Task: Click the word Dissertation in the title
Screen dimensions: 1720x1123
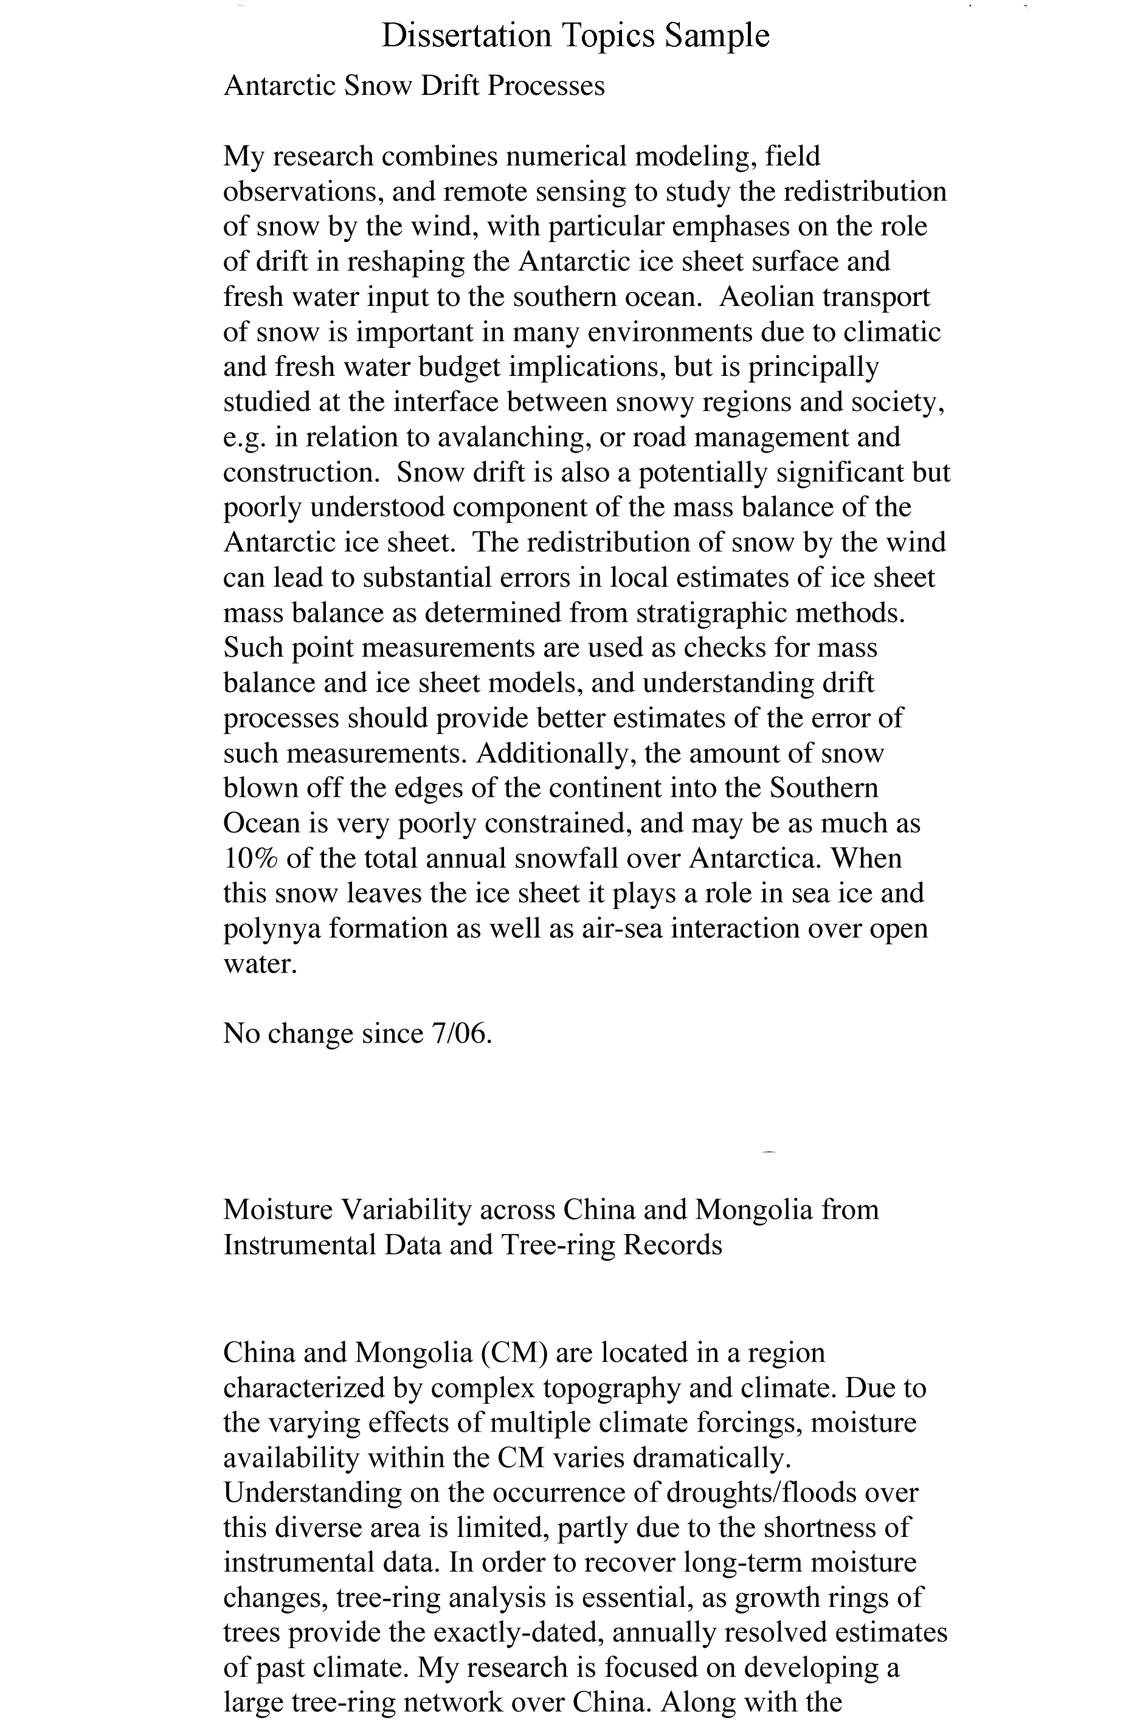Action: (466, 35)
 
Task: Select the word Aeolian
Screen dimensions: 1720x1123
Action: (764, 297)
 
